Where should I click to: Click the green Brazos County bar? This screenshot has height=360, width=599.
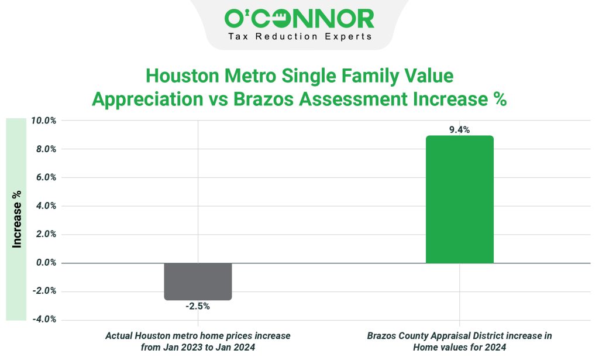(459, 200)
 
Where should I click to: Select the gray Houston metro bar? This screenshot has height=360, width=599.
(198, 282)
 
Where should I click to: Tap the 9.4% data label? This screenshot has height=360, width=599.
(459, 130)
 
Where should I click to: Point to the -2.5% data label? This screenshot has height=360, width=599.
(198, 306)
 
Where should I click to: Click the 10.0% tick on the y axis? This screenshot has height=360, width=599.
(43, 121)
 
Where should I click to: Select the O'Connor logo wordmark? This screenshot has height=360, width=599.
(299, 19)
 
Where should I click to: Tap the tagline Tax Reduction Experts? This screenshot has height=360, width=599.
(299, 36)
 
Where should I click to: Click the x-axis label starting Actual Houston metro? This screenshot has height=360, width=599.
(198, 341)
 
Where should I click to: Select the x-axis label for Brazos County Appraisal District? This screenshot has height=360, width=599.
(459, 341)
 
